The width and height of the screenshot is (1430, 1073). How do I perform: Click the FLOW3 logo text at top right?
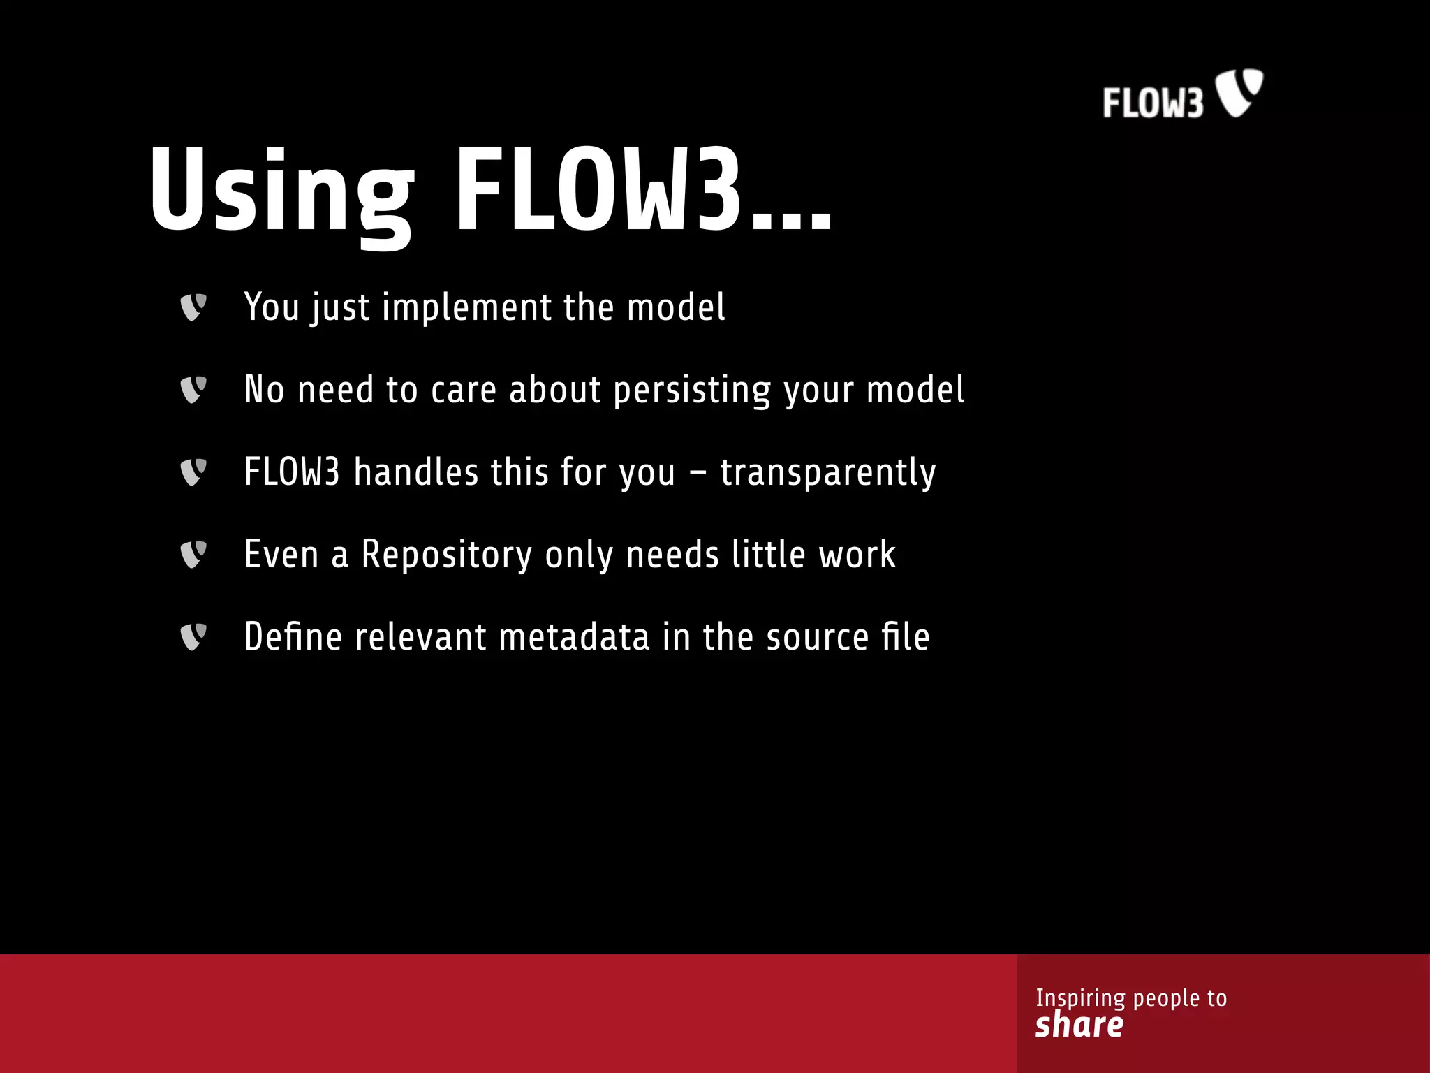tap(1153, 103)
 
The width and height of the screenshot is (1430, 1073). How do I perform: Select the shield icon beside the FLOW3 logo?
tap(1240, 92)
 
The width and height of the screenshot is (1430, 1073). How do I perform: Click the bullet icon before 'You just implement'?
tap(193, 307)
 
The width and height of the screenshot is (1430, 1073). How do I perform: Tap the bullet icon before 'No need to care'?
tap(193, 390)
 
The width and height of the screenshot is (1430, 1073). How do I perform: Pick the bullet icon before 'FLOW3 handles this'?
tap(193, 472)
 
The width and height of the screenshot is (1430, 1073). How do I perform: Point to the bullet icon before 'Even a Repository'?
tap(193, 555)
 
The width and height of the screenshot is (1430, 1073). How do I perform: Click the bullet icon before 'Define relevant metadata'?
tap(193, 637)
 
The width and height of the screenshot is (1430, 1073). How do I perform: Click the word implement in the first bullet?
tap(466, 307)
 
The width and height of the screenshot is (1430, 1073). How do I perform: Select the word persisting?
tap(691, 390)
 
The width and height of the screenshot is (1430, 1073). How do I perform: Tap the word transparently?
tap(827, 472)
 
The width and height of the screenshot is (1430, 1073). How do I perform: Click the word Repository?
tap(446, 555)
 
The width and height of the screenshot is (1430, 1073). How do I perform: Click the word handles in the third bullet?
tap(415, 472)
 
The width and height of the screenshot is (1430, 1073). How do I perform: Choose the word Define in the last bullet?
tap(293, 637)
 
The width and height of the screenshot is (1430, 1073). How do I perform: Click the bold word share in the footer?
tap(1079, 1025)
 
